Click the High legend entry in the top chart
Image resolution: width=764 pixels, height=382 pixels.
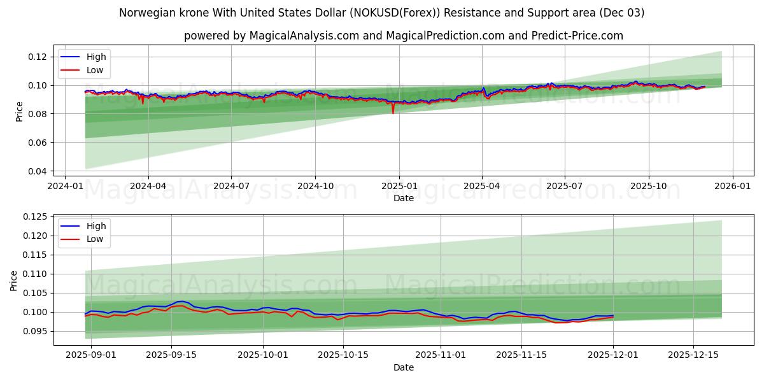pyautogui.click(x=95, y=57)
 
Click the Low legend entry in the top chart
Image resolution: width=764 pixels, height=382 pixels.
pyautogui.click(x=94, y=71)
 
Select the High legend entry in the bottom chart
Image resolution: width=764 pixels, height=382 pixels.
pyautogui.click(x=95, y=226)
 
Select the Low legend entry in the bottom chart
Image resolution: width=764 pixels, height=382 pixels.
pyautogui.click(x=94, y=240)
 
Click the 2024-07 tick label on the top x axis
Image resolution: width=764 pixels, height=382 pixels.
pyautogui.click(x=230, y=185)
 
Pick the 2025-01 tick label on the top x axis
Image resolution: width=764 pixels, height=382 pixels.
pyautogui.click(x=399, y=185)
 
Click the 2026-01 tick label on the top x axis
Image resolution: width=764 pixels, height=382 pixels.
pyautogui.click(x=732, y=185)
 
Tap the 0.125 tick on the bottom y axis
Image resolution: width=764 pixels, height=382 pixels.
pyautogui.click(x=36, y=216)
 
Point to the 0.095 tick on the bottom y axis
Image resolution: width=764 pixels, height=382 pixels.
pyautogui.click(x=36, y=331)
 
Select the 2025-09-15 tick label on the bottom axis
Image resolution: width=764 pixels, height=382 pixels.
pyautogui.click(x=171, y=355)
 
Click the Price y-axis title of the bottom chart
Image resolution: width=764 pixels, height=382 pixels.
pyautogui.click(x=14, y=280)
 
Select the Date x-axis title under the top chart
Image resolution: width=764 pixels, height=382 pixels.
pyautogui.click(x=403, y=198)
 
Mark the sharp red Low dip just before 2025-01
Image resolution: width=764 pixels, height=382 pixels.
pyautogui.click(x=393, y=112)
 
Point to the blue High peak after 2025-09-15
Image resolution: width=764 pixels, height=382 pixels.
pyautogui.click(x=181, y=301)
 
